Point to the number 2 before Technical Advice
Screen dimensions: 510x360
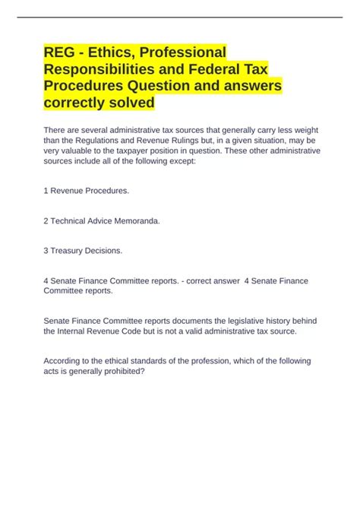point(46,220)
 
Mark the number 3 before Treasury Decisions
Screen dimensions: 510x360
point(46,249)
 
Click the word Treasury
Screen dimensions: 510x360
point(71,249)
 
